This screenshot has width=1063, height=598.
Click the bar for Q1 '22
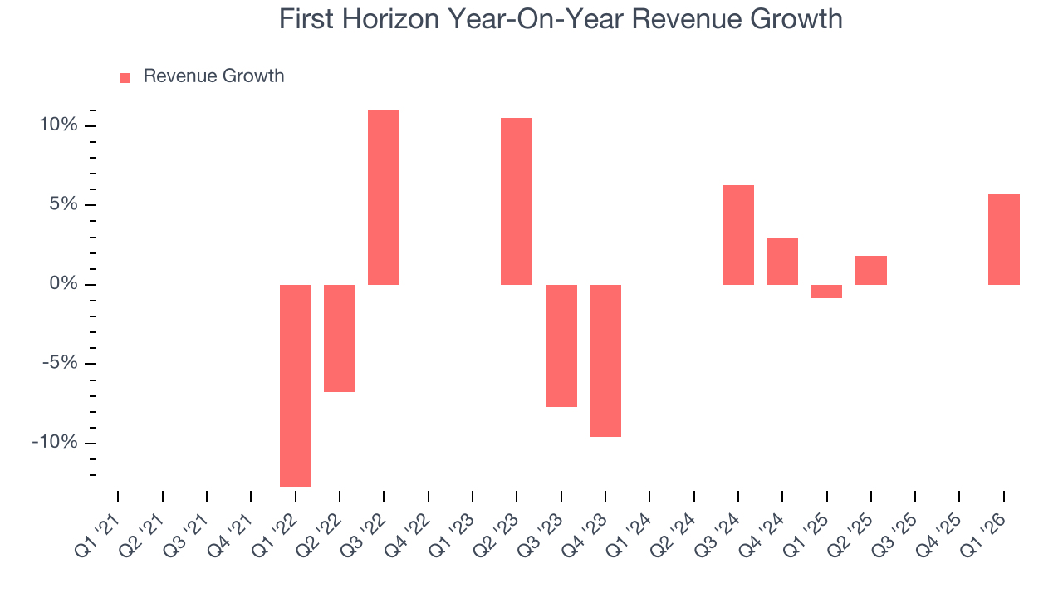tap(296, 385)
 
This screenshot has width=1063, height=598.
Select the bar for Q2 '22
tap(340, 338)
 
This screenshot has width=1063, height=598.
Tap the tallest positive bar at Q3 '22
tap(384, 198)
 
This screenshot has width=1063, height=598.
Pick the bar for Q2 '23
tap(517, 201)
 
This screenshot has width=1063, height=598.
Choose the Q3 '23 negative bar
tap(561, 346)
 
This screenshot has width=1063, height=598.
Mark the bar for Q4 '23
tap(605, 360)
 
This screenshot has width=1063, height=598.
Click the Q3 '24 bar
tap(738, 235)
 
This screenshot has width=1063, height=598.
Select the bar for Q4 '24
tap(782, 261)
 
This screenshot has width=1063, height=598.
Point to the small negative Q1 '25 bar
tap(826, 292)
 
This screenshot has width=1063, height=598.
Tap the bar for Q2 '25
tap(871, 270)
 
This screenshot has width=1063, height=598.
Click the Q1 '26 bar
tap(1004, 239)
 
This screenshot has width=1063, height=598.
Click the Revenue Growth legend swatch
tap(125, 77)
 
